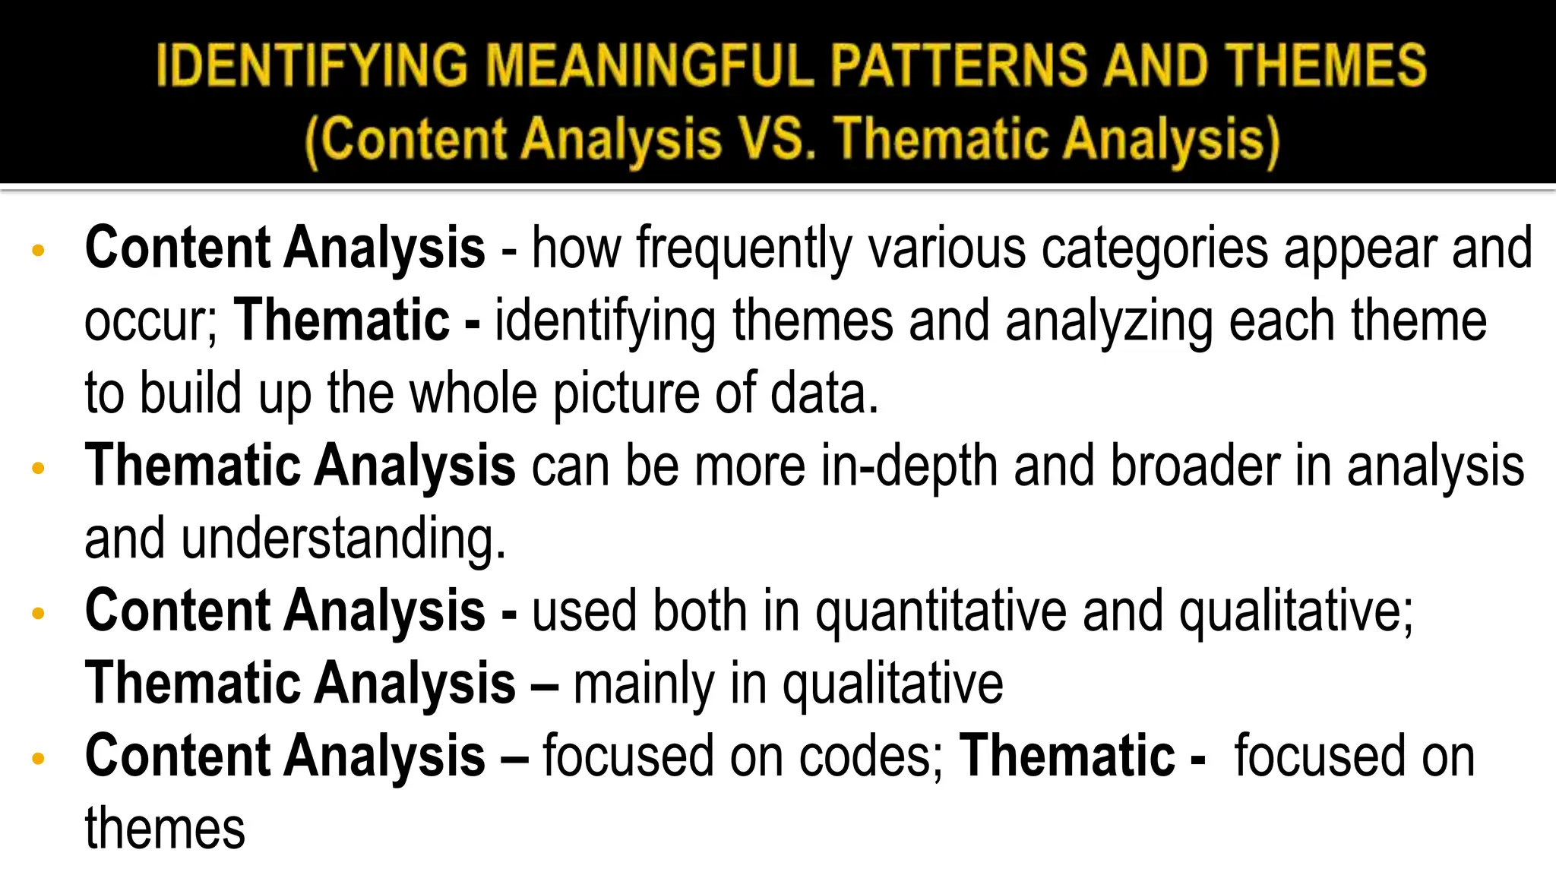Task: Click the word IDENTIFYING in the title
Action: coord(312,65)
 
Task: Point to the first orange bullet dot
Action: coord(39,251)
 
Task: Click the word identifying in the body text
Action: coord(605,322)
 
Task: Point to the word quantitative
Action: coord(941,612)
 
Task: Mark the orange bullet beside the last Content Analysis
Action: coord(39,758)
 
